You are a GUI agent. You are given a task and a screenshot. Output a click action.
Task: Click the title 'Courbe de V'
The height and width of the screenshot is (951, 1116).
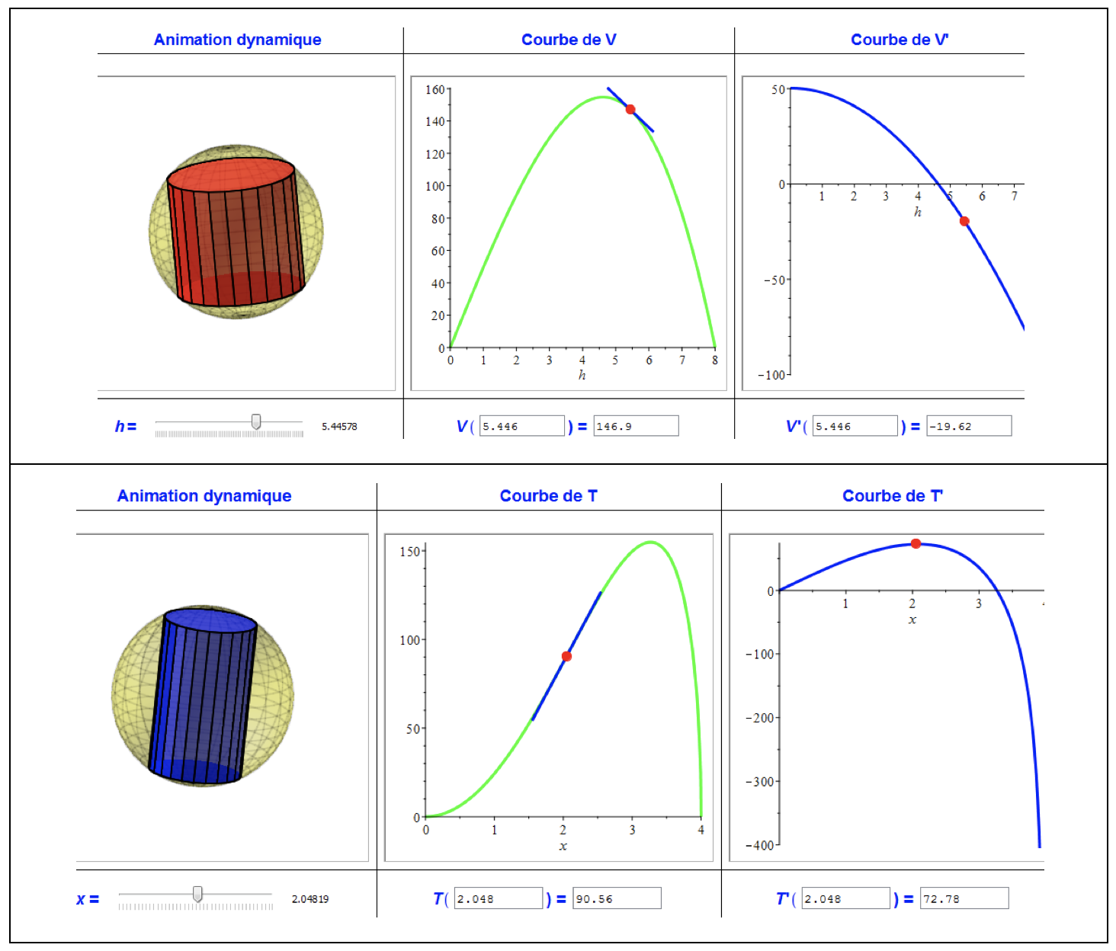pyautogui.click(x=568, y=40)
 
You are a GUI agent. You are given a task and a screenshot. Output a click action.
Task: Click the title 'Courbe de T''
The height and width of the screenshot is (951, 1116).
pyautogui.click(x=892, y=496)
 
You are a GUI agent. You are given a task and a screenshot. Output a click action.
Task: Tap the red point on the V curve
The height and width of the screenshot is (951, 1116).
pyautogui.click(x=630, y=110)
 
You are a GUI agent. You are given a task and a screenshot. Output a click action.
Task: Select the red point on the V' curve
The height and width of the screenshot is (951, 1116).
pyautogui.click(x=964, y=221)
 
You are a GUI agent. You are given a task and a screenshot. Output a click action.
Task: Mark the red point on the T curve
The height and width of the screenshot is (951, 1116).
pyautogui.click(x=566, y=656)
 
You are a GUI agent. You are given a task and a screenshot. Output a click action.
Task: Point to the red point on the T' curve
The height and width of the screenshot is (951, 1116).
pyautogui.click(x=916, y=543)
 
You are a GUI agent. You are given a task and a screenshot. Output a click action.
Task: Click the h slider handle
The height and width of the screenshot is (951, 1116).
pyautogui.click(x=256, y=421)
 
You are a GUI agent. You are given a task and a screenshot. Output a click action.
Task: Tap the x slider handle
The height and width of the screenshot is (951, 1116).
pyautogui.click(x=197, y=894)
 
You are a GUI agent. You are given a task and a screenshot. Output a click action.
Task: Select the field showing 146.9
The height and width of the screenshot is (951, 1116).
pyautogui.click(x=635, y=426)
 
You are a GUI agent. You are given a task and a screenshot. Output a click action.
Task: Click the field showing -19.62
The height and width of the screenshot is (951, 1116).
pyautogui.click(x=968, y=426)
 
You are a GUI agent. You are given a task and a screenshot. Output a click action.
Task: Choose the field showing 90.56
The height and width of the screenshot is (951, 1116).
pyautogui.click(x=617, y=898)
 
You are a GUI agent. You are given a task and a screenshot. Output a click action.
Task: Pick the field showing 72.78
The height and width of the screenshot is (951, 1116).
pyautogui.click(x=964, y=898)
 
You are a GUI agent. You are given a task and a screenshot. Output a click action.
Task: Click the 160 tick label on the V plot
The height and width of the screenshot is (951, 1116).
pyautogui.click(x=435, y=90)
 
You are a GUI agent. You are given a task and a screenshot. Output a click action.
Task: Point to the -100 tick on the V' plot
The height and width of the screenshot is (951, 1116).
pyautogui.click(x=771, y=375)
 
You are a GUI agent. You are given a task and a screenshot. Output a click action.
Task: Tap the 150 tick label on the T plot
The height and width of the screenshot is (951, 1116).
pyautogui.click(x=409, y=552)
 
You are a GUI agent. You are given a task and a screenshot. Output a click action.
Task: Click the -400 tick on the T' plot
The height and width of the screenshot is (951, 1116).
pyautogui.click(x=760, y=845)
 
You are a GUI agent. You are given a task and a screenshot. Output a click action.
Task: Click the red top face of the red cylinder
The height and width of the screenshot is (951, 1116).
pyautogui.click(x=230, y=175)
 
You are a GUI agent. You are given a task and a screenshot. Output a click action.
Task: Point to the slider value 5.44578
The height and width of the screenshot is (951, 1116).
pyautogui.click(x=339, y=427)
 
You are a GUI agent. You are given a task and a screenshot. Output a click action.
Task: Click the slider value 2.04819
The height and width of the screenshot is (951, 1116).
pyautogui.click(x=310, y=899)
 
